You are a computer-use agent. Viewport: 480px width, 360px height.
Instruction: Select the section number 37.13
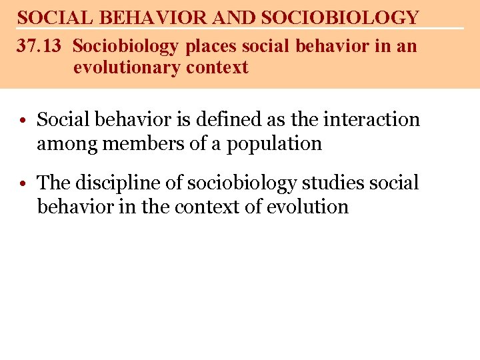(39, 47)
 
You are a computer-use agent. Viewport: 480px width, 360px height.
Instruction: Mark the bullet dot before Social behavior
(23, 121)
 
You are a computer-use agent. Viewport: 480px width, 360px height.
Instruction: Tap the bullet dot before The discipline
(23, 184)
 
